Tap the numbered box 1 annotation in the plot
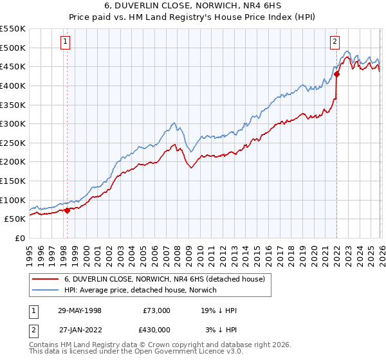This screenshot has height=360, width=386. coord(66,42)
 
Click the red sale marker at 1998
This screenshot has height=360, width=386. coord(67,210)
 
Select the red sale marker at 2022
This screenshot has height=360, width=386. coord(336,74)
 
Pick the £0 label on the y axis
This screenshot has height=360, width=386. coord(19,238)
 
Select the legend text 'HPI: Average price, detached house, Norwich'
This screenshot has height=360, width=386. coord(140,291)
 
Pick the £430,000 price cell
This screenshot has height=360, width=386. coord(156,329)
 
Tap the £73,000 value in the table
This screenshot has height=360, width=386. coord(156,310)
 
